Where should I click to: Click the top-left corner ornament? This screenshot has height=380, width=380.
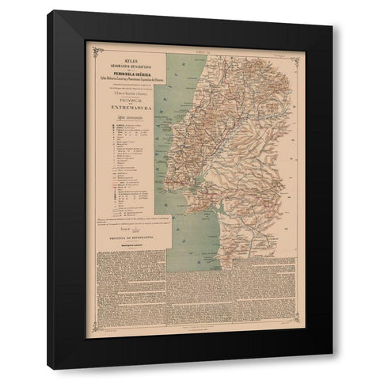[x=97, y=52]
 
